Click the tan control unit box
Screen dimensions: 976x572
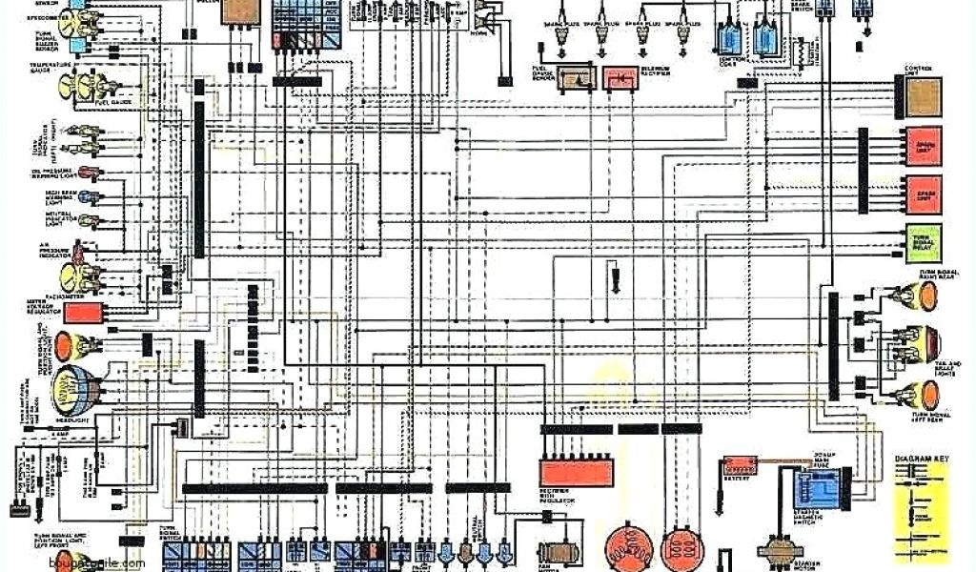(923, 95)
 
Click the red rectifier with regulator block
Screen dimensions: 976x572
(576, 471)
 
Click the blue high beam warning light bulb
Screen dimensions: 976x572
(84, 198)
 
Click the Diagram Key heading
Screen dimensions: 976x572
(924, 460)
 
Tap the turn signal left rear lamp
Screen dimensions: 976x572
(920, 395)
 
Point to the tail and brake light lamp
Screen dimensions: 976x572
(921, 342)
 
